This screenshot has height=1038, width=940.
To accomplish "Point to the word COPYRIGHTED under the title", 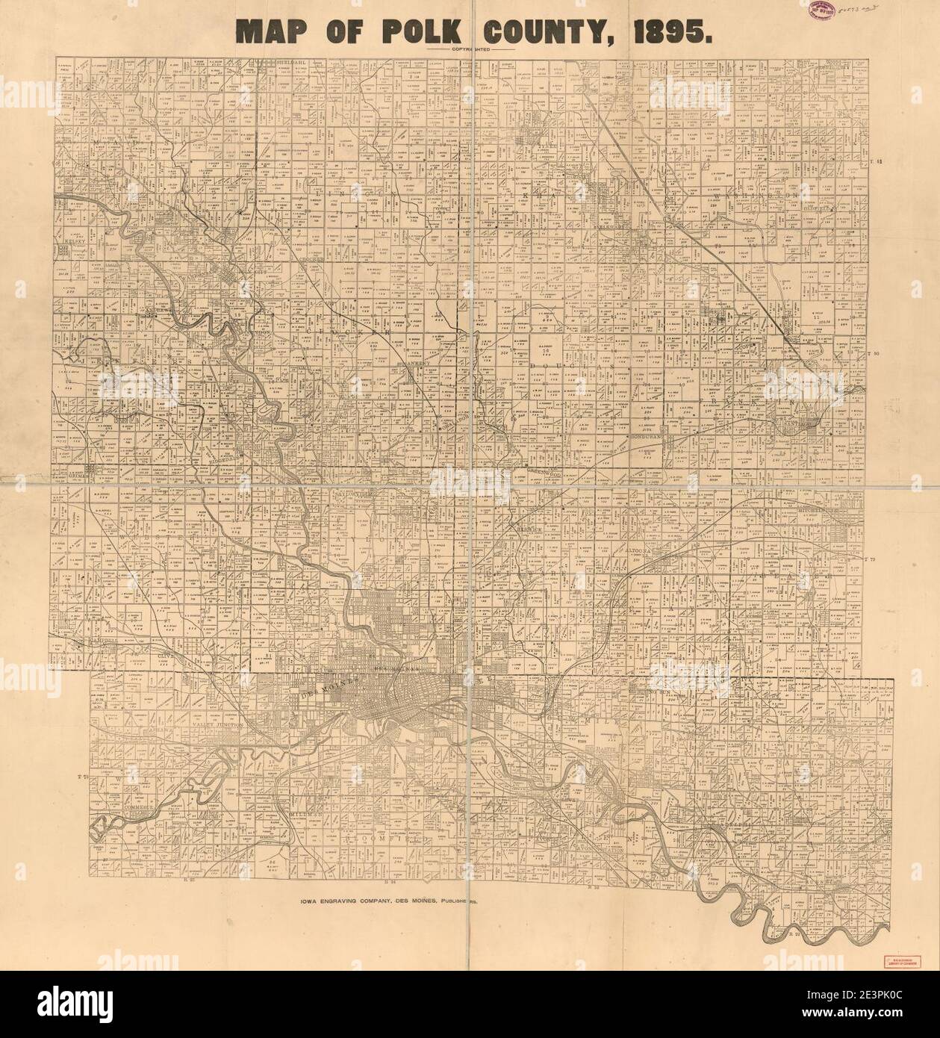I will (470, 49).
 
